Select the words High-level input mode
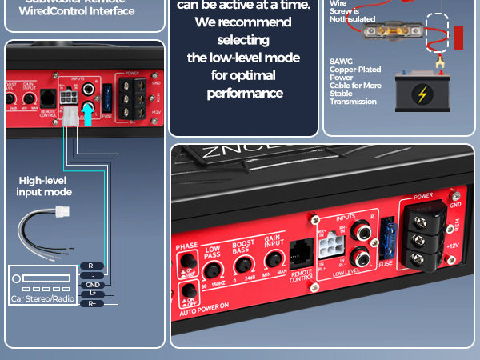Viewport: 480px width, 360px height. (x=45, y=186)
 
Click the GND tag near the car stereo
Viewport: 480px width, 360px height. (x=92, y=285)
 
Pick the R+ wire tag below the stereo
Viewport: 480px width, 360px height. (x=92, y=303)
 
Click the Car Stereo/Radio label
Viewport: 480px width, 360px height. (x=42, y=298)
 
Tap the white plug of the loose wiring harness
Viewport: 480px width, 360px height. (x=61, y=213)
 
